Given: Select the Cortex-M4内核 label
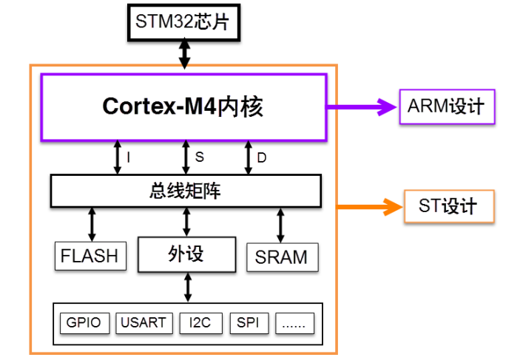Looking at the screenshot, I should [183, 107].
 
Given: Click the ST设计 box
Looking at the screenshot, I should [448, 206].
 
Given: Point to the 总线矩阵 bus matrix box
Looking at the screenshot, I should [186, 191].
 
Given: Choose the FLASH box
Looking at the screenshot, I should [90, 256].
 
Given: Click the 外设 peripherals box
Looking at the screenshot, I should [186, 254].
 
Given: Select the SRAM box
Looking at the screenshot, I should [281, 257].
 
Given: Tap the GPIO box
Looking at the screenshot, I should [84, 323].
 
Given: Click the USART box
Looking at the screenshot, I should [144, 323].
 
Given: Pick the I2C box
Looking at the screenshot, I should [200, 323].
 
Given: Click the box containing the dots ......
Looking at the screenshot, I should [295, 323].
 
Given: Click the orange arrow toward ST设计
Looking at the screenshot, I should [367, 207].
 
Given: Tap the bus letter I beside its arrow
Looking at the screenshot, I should [129, 157].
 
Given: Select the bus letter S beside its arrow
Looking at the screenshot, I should [199, 157].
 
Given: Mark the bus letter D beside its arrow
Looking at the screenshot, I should [262, 157].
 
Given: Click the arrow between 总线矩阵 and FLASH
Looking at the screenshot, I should [92, 223].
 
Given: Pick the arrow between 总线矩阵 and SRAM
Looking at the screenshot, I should [280, 224].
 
